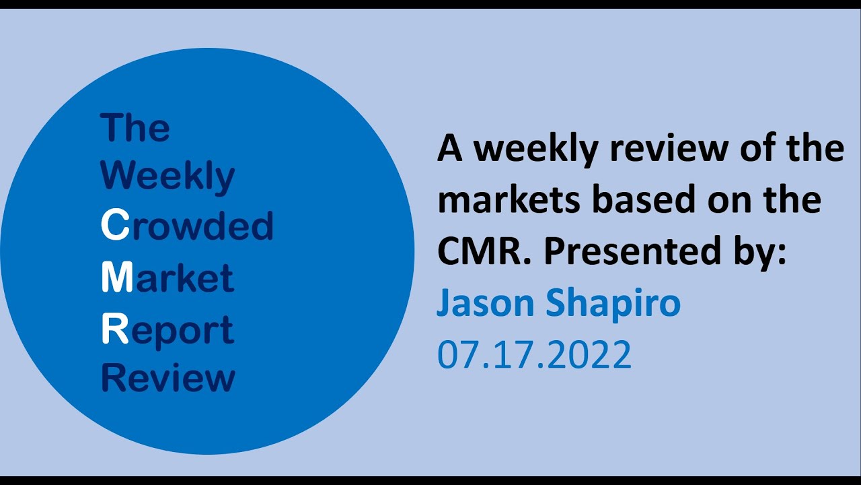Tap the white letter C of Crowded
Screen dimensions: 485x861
pos(114,227)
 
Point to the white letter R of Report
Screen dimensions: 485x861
pos(114,329)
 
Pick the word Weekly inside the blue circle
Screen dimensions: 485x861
pos(167,177)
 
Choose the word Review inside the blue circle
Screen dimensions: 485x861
pos(167,378)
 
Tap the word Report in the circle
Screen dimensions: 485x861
pos(167,331)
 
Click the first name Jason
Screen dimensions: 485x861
pos(486,303)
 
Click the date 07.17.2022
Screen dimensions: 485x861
pos(534,354)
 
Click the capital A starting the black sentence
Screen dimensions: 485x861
pos(450,148)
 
